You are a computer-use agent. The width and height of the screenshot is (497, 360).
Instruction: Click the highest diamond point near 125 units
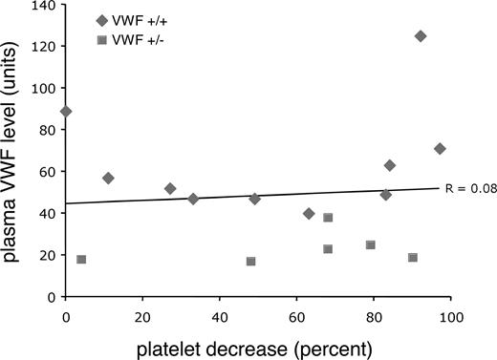point(421,36)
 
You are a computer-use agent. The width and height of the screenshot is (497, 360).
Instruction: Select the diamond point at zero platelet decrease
point(66,112)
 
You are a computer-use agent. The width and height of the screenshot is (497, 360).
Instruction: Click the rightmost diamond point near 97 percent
point(440,149)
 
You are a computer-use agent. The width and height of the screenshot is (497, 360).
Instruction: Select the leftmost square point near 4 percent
point(81,260)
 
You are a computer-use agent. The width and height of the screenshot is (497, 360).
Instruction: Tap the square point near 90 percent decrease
point(413,258)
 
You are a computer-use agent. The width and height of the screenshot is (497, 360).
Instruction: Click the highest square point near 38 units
point(328,218)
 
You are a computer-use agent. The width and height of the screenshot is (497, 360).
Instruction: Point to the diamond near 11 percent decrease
point(108,179)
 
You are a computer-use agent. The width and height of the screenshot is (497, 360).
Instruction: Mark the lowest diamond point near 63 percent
point(309,214)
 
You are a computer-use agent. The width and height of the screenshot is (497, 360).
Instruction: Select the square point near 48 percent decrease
point(250,262)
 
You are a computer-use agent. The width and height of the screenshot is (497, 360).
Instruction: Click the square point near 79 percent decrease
point(371,245)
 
